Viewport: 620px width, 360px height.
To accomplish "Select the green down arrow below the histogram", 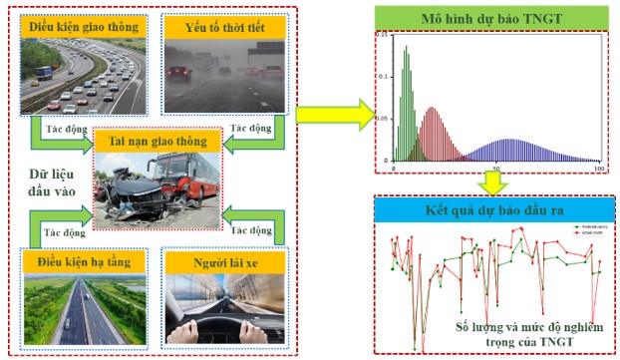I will (491, 182).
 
